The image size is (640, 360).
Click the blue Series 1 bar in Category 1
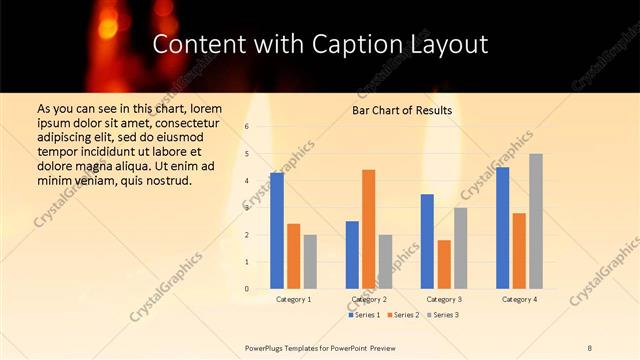(x=277, y=231)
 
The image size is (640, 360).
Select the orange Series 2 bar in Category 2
(x=369, y=229)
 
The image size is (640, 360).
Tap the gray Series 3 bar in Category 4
(x=536, y=221)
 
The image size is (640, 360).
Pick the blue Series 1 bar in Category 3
(x=427, y=241)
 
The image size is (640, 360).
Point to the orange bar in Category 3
(x=444, y=264)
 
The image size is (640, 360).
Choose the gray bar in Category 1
(x=310, y=262)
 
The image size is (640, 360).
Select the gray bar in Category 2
(x=385, y=262)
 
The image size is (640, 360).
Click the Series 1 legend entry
(x=365, y=315)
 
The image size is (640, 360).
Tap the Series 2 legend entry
(x=403, y=315)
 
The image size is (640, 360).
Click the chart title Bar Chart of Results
(x=402, y=110)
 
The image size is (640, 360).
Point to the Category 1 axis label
(x=293, y=299)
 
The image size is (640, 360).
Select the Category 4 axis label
(x=519, y=299)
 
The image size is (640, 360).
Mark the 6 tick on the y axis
(x=247, y=127)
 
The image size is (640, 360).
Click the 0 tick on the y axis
(x=247, y=289)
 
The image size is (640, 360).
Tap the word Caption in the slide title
(x=353, y=45)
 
